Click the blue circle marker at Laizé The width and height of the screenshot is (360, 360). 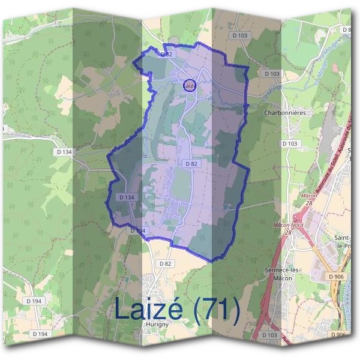coord(189,85)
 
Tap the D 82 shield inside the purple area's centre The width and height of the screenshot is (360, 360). coord(191,163)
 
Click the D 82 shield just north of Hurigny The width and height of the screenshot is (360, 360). coord(166,263)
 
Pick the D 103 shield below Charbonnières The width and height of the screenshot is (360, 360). coord(289,144)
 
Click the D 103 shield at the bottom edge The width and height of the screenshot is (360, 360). coord(269,334)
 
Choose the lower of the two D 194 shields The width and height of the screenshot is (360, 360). coord(40,334)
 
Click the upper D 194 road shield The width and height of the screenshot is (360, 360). coord(35,299)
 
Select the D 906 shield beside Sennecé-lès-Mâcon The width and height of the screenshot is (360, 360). coord(335,275)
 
